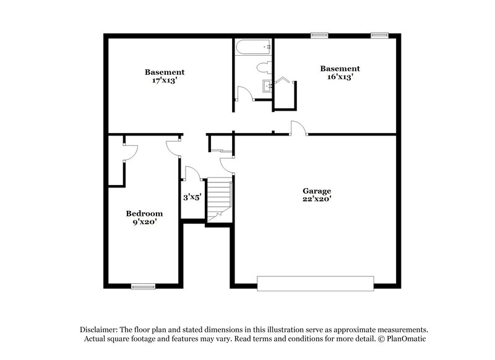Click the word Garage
[317, 191]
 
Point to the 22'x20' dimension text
[317, 199]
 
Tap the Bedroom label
[142, 213]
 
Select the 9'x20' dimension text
[142, 221]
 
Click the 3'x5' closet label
[191, 197]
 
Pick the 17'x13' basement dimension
[165, 80]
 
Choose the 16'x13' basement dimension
[339, 77]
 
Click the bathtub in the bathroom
[253, 46]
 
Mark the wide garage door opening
[316, 283]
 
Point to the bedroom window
[142, 286]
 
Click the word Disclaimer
[100, 330]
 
